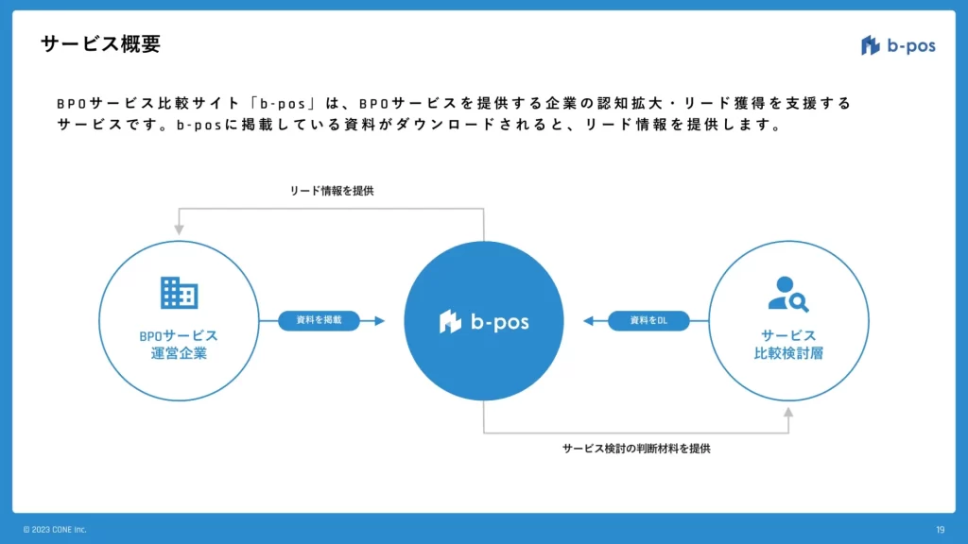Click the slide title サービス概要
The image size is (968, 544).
click(101, 44)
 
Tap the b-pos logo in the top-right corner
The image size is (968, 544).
click(898, 45)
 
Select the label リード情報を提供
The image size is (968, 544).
click(332, 191)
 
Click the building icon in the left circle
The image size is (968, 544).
click(179, 293)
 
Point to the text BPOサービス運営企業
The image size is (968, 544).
click(178, 345)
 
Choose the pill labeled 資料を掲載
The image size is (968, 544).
click(319, 321)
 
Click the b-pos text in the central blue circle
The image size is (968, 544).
click(500, 322)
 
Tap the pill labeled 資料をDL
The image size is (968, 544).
click(648, 321)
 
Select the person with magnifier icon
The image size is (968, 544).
click(787, 294)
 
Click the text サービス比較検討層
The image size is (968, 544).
click(788, 345)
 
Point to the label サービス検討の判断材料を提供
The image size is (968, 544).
click(635, 449)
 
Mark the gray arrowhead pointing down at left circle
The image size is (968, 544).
click(179, 229)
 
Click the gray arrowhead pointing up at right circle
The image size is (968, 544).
click(788, 414)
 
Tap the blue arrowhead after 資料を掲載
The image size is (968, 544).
click(379, 321)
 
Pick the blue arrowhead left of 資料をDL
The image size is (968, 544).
click(589, 321)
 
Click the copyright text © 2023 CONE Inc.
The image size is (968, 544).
click(55, 530)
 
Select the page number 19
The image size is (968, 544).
click(940, 530)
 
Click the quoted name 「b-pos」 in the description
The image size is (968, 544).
click(283, 103)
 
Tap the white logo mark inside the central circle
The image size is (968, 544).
click(450, 322)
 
